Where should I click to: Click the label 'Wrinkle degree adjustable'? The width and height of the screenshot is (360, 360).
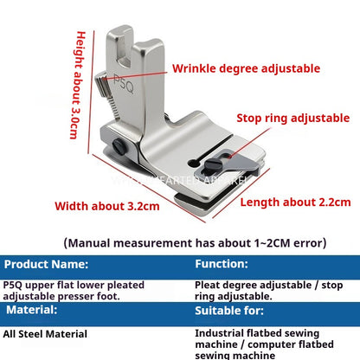246,68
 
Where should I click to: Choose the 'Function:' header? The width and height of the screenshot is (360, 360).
222,263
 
